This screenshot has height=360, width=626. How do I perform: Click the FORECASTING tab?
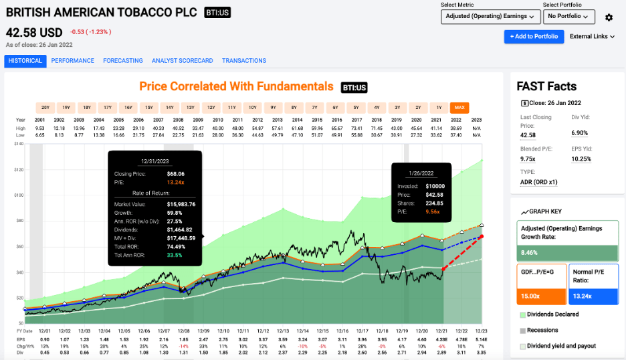[x=123, y=61]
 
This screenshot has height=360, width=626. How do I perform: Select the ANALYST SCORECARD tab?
[x=182, y=61]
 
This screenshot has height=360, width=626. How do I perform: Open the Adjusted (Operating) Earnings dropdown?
[x=490, y=17]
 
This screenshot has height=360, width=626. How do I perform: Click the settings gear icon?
[x=609, y=17]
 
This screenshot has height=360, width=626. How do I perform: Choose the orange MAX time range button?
[x=459, y=107]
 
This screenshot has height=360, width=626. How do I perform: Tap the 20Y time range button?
[x=45, y=107]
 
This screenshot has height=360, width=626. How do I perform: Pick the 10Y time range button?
[x=252, y=107]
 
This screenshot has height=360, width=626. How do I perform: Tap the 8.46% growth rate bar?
[x=568, y=252]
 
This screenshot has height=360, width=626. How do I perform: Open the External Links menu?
[x=592, y=37]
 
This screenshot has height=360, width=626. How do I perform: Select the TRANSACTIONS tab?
[x=244, y=61]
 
